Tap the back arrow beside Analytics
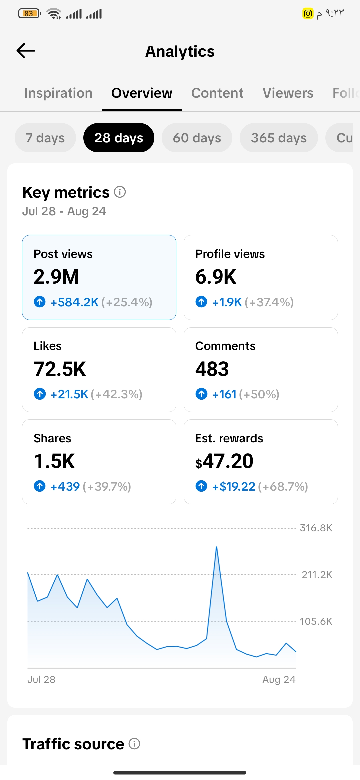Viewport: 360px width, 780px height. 26,51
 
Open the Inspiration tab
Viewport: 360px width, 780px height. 58,93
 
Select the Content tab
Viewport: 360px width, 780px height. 217,93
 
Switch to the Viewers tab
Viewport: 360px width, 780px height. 288,93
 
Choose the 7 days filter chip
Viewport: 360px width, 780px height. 45,138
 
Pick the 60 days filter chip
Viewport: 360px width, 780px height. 197,138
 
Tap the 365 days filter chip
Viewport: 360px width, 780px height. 279,138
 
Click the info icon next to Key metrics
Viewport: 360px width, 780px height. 120,192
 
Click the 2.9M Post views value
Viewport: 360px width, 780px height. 56,277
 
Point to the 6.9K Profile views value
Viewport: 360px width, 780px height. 216,277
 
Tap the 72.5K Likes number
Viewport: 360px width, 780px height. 60,369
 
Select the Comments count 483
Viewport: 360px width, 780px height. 212,369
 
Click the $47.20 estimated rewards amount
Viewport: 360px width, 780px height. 224,461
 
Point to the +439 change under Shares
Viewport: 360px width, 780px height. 65,487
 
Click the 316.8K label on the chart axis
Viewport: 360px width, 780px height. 316,528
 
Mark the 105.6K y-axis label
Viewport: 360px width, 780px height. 316,621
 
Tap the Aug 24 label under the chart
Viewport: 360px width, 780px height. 279,679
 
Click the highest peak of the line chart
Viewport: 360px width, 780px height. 217,547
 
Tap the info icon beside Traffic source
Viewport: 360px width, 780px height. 134,744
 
